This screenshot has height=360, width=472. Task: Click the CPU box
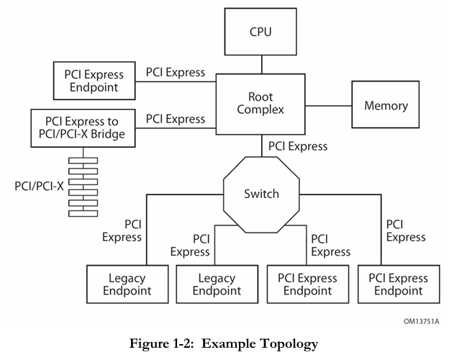point(260,32)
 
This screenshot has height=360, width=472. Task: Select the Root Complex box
point(260,104)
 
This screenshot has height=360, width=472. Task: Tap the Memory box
point(386,104)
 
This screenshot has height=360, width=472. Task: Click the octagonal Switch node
point(261,194)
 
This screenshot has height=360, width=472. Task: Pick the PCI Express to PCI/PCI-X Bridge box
point(83,128)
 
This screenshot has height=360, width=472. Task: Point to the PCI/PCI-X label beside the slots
point(39,186)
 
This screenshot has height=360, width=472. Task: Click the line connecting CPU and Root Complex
point(262,65)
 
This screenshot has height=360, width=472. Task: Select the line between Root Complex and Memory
point(328,106)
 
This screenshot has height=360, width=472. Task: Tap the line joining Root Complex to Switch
point(262,145)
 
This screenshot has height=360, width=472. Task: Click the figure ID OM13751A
point(422,321)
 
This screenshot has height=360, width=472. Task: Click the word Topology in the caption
point(289,343)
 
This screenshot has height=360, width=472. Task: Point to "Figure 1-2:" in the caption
point(162,343)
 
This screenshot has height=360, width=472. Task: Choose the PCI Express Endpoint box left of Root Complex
point(94,81)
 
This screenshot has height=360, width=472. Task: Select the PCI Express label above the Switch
point(298,146)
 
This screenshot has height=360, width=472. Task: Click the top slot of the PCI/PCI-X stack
point(83,161)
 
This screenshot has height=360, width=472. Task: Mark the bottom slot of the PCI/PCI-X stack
point(83,214)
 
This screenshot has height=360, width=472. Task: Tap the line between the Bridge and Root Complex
point(176,128)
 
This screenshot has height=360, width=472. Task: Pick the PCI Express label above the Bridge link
point(176,119)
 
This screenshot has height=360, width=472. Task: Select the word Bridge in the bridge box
point(108,134)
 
